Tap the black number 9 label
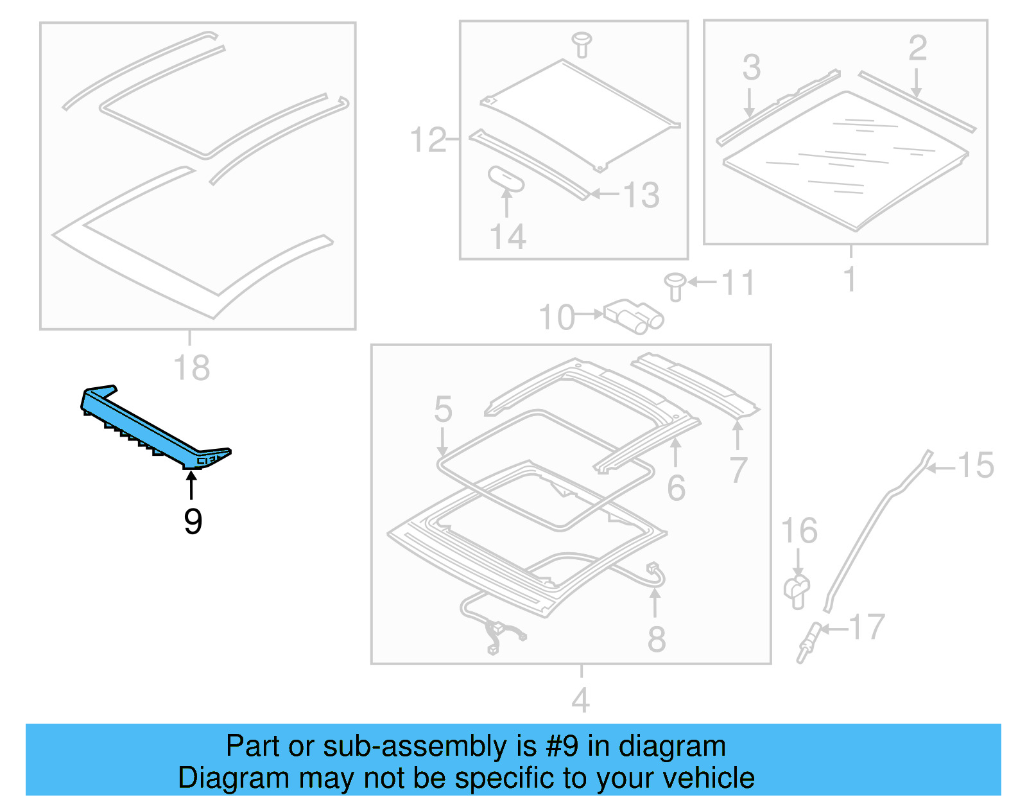(193, 521)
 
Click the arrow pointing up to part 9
(191, 484)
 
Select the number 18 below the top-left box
(191, 368)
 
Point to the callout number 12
(427, 140)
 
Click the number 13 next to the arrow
(641, 195)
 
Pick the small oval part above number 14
(506, 179)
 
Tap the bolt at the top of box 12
(582, 44)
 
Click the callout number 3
(751, 67)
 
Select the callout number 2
(917, 48)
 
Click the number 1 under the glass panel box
(850, 279)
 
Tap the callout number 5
(443, 409)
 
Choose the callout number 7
(738, 470)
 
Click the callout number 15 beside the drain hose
(975, 466)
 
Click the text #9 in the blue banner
(562, 746)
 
